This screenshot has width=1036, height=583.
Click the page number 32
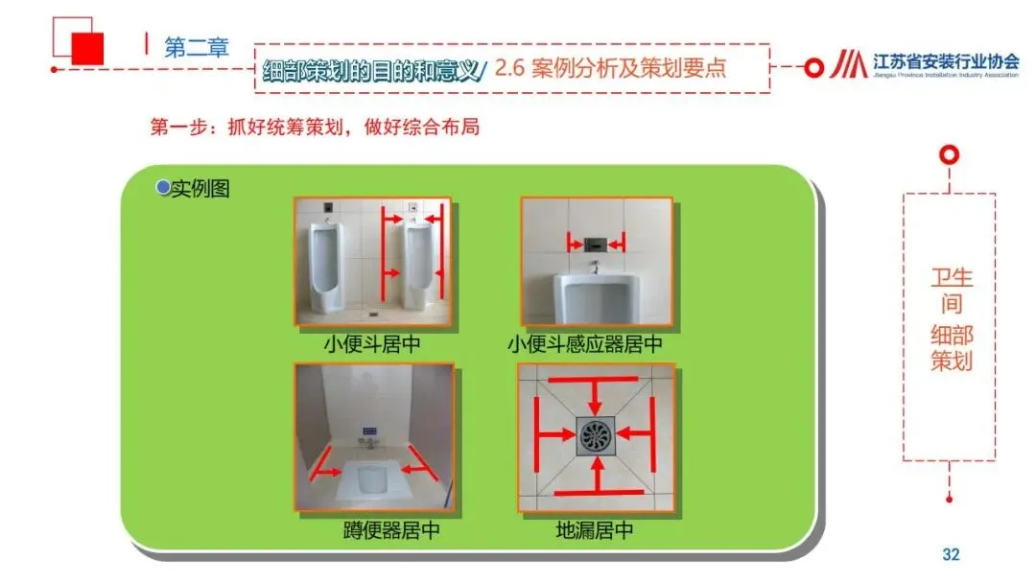(951, 554)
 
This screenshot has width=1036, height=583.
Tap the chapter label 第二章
(197, 48)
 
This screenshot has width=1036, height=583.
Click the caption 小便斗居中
(372, 344)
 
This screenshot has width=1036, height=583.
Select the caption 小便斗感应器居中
(585, 344)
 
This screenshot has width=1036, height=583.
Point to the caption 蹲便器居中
(391, 530)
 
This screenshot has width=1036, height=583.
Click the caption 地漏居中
(595, 530)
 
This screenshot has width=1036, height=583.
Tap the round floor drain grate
(596, 435)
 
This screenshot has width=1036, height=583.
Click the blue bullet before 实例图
(162, 188)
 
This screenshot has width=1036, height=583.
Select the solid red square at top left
(87, 48)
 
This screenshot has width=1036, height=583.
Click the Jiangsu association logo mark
(848, 64)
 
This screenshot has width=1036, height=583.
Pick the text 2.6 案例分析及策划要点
(610, 68)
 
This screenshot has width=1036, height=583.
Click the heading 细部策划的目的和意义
(371, 70)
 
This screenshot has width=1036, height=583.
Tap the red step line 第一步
(315, 127)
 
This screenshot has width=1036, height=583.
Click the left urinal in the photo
(326, 267)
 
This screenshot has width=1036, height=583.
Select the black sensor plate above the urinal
(596, 245)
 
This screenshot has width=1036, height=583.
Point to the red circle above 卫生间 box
(949, 155)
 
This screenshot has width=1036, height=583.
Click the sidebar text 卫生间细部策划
(952, 319)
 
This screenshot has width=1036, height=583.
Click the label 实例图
(200, 189)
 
